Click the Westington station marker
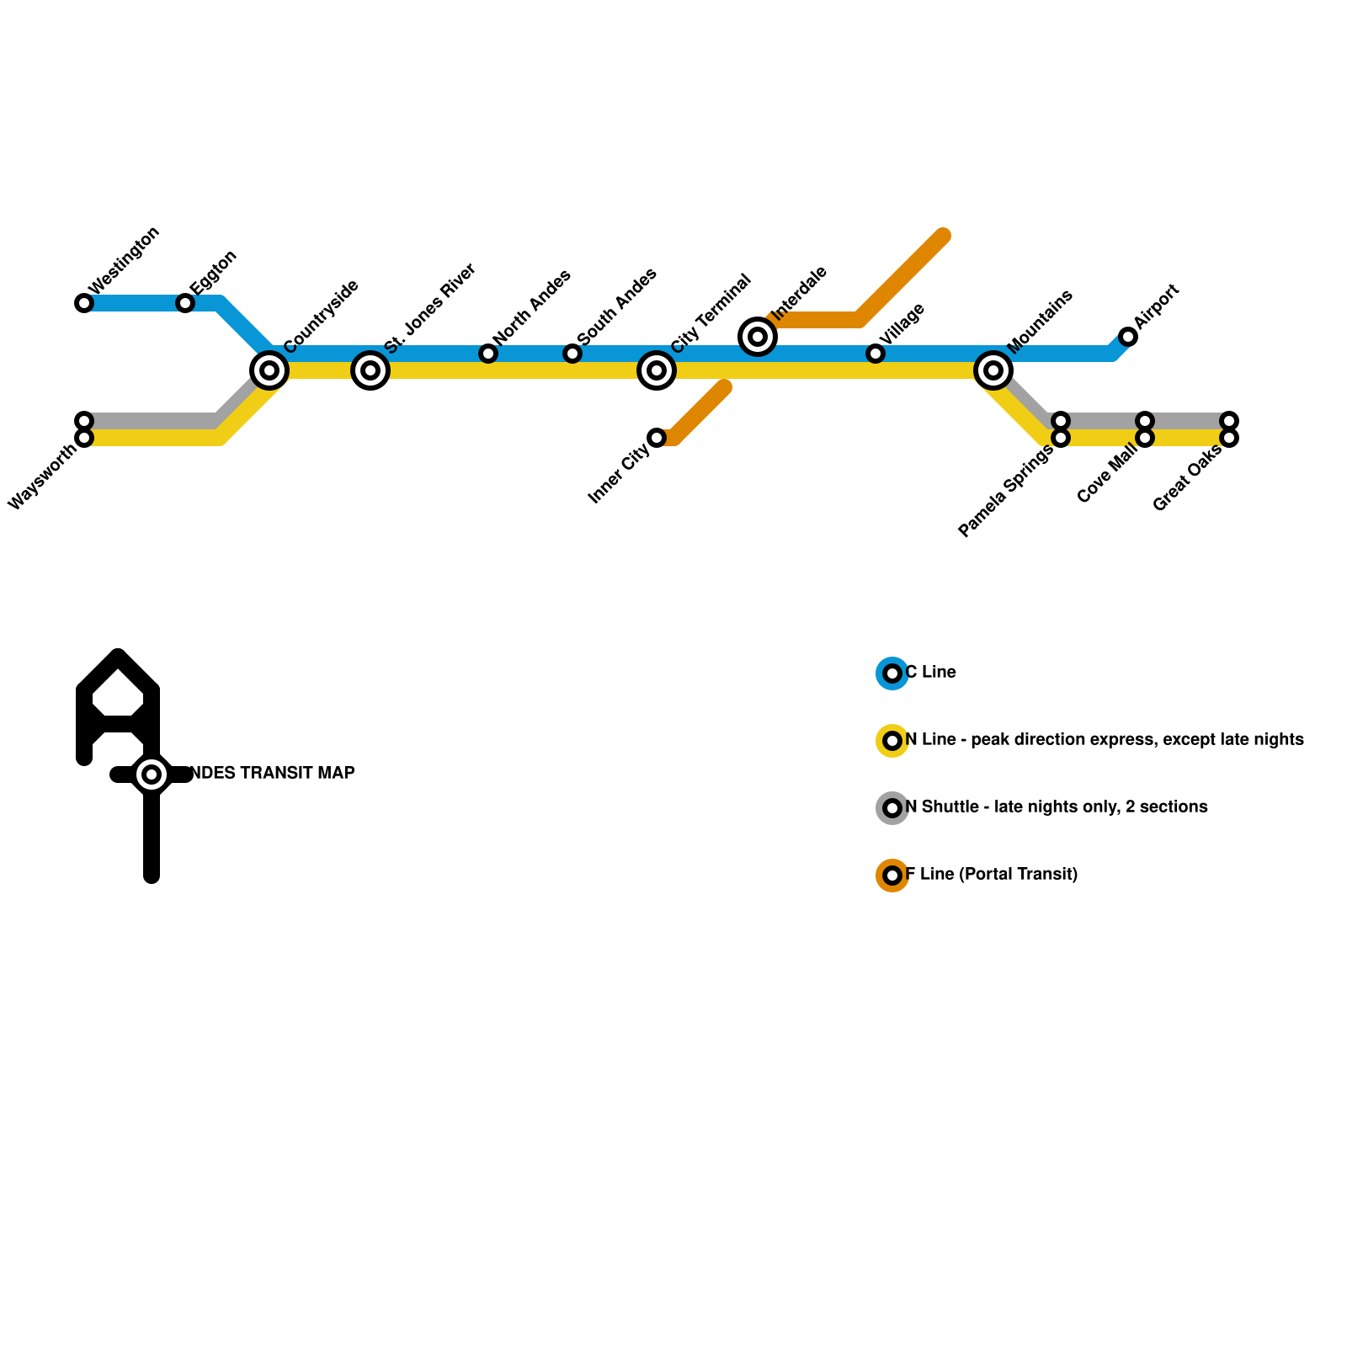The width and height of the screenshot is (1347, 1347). [x=84, y=303]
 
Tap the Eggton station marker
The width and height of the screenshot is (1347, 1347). [x=185, y=303]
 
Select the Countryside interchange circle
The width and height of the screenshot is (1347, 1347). [x=269, y=370]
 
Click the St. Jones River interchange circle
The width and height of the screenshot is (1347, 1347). [x=370, y=370]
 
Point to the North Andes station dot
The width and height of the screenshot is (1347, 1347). [x=488, y=354]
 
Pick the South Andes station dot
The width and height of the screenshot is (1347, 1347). [x=572, y=354]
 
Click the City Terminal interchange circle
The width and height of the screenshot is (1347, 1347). [x=657, y=370]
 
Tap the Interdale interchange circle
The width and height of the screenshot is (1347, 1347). [x=758, y=337]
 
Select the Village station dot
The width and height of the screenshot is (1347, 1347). [x=876, y=354]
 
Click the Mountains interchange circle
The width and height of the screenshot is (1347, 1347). [x=993, y=370]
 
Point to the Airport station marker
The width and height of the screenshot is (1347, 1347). [x=1128, y=337]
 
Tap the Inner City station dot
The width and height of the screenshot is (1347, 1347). [x=657, y=438]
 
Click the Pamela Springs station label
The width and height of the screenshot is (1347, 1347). [x=1005, y=492]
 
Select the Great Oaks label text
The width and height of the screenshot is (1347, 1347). [x=1187, y=478]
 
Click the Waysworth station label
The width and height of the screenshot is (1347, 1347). [x=42, y=477]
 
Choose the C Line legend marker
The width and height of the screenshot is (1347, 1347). [x=892, y=673]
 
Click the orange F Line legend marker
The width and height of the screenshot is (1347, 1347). [x=892, y=876]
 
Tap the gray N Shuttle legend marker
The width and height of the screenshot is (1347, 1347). [x=892, y=808]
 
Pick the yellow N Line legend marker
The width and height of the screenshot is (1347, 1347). [x=892, y=741]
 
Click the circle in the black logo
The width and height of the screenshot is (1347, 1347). [x=152, y=775]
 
